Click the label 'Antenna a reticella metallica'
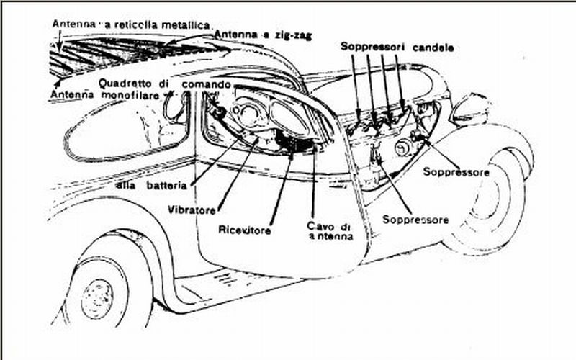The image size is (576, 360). point(132,24)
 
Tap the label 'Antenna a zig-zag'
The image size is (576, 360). point(263,35)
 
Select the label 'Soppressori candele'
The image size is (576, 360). point(397,47)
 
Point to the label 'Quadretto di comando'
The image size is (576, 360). point(165,84)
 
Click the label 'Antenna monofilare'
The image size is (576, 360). point(104,94)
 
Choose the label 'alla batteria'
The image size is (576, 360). point(151,185)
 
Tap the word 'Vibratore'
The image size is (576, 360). point(192,210)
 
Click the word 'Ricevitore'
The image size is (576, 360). point(244,230)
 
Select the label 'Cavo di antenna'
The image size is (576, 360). point(330,230)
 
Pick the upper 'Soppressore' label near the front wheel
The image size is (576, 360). point(456,171)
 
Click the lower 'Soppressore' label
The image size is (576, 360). point(415,220)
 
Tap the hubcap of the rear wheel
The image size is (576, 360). point(97,298)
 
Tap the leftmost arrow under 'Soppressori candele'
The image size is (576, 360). point(356,86)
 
